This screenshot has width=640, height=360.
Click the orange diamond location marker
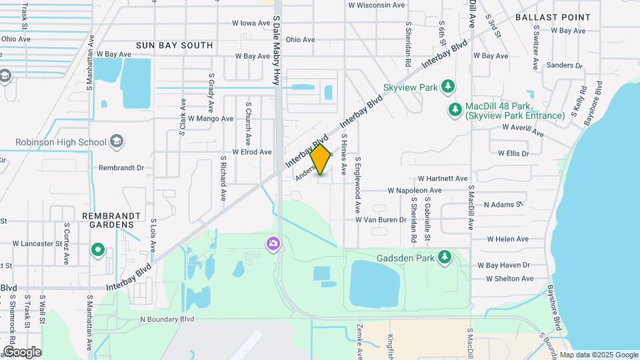(321, 160)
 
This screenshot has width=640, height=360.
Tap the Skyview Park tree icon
(449, 87)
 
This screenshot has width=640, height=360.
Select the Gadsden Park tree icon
(445, 257)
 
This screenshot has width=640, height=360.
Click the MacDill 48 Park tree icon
(455, 109)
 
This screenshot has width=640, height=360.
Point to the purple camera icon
(273, 243)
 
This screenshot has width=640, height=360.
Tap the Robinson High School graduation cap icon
(117, 141)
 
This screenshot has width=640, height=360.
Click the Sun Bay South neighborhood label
(174, 45)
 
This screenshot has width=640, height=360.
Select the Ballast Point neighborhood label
(552, 17)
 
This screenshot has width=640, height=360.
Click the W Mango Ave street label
(211, 119)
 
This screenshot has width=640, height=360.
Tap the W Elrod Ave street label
(251, 152)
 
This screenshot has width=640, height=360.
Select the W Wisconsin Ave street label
(377, 5)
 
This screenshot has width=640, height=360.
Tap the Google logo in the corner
(22, 351)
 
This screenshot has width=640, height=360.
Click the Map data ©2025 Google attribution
(598, 355)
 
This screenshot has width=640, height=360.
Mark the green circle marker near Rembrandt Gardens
(98, 251)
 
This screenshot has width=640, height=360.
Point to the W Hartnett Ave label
(443, 179)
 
